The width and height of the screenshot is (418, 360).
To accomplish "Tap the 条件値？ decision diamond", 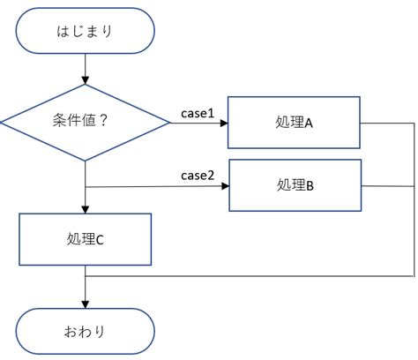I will (x=85, y=123).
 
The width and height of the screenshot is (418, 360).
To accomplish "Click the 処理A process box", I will (x=295, y=123).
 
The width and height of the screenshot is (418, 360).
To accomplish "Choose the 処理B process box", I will (x=295, y=185).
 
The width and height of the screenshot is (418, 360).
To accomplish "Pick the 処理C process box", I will (x=85, y=238).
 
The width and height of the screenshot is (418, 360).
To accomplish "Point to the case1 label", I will (x=198, y=113).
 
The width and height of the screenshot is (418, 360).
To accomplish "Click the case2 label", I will (x=198, y=176).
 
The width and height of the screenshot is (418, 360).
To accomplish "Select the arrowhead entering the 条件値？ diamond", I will (x=85, y=80).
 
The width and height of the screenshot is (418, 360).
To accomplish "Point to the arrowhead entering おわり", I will (x=85, y=304).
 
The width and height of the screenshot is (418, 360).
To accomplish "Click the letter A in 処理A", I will (x=310, y=123).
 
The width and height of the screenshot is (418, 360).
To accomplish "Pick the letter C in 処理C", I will (x=100, y=238).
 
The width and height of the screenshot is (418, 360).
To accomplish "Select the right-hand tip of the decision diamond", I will (x=168, y=124).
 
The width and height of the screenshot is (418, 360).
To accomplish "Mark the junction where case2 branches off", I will (x=85, y=186).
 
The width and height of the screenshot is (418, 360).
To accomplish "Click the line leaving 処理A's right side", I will (x=388, y=124).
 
